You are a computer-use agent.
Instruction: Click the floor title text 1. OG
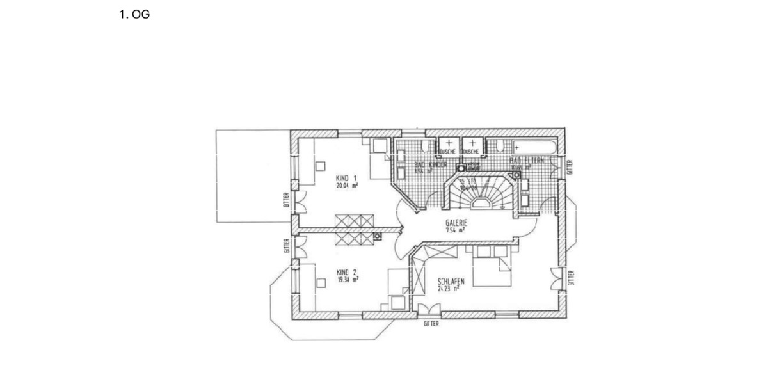coord(134,15)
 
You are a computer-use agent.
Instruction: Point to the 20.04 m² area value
coord(346,186)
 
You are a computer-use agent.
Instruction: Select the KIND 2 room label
coord(346,271)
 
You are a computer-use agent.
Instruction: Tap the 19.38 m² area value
coord(346,280)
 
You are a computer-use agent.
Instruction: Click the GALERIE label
coord(457,223)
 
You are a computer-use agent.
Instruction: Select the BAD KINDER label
coord(430,164)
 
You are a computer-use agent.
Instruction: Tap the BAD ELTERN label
coord(526,160)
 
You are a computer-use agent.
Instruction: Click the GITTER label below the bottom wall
coord(431,324)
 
